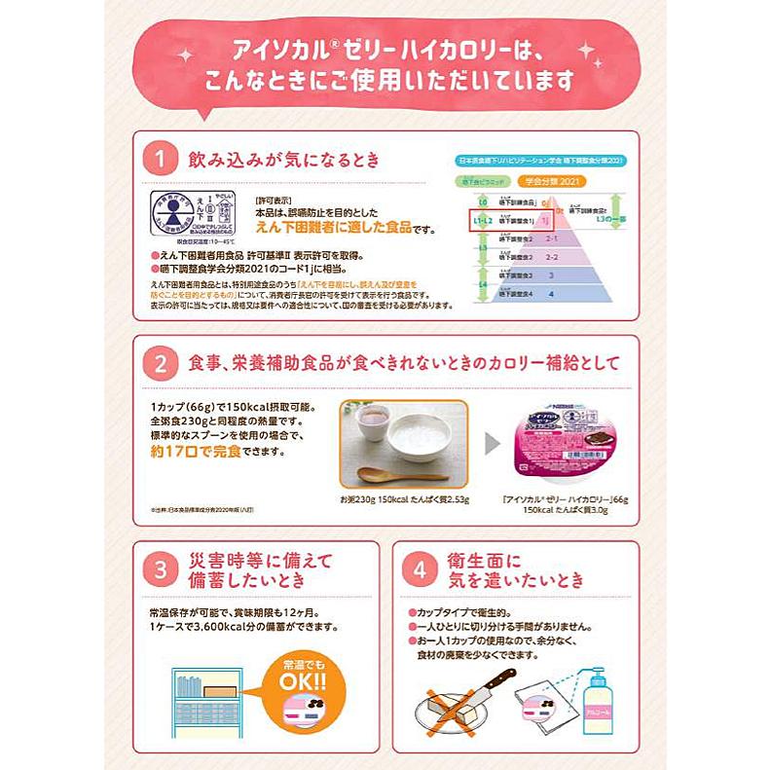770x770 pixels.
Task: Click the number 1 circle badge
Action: click(157, 159)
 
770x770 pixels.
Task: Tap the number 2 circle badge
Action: click(158, 362)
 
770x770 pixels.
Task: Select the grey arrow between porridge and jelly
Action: click(493, 444)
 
